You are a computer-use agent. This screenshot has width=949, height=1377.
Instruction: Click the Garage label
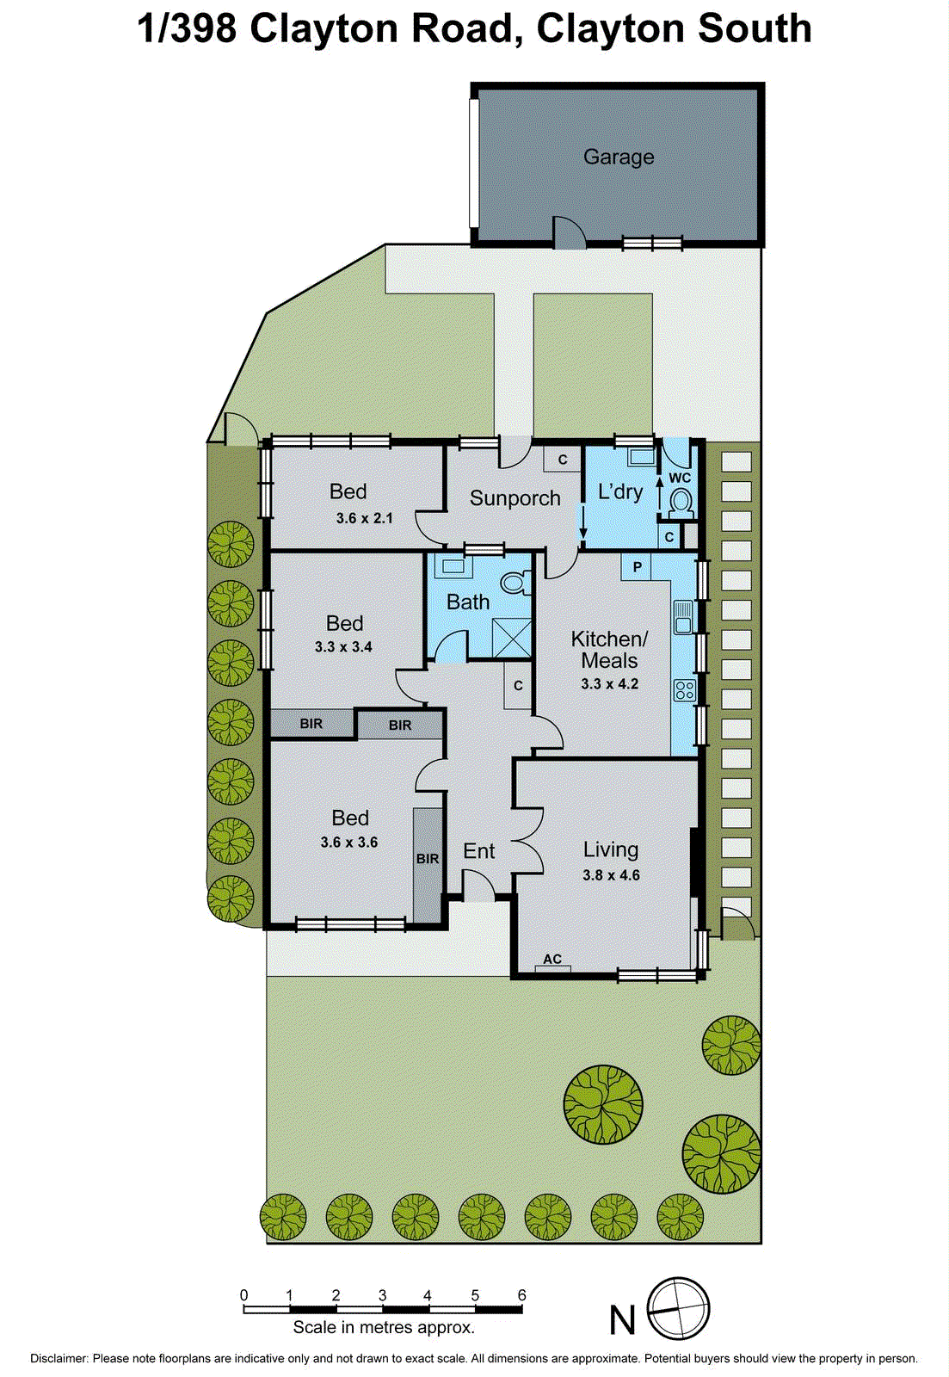tap(619, 157)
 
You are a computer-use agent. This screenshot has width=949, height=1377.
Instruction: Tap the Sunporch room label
tap(515, 498)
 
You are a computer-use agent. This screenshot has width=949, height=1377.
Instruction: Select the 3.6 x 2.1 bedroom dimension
tap(364, 518)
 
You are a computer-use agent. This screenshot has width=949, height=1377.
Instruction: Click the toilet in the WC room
tap(681, 501)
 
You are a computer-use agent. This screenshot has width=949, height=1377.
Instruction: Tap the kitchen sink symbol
tap(684, 616)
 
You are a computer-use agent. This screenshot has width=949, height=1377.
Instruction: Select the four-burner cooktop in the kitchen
tap(685, 689)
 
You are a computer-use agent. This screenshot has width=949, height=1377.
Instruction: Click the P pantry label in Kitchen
tap(637, 567)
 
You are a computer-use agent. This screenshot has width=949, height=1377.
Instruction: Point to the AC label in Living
tap(552, 959)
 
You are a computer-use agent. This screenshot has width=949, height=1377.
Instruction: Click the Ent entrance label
tap(478, 851)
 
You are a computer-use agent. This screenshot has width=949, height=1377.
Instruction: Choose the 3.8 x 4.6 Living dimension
tap(611, 875)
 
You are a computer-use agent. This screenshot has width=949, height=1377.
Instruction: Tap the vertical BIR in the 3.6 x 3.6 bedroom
tap(428, 859)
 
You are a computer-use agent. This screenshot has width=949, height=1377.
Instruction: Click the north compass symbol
tap(678, 1308)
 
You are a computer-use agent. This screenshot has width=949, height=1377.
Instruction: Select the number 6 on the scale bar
tap(521, 1295)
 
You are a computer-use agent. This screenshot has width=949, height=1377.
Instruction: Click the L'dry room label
tap(620, 492)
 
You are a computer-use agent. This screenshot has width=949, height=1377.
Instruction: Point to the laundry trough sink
tap(640, 457)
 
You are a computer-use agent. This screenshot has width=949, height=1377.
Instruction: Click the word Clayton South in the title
tap(674, 28)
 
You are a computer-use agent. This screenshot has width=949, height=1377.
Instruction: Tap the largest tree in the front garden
tap(603, 1104)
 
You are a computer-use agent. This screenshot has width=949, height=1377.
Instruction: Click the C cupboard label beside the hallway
tap(518, 686)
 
